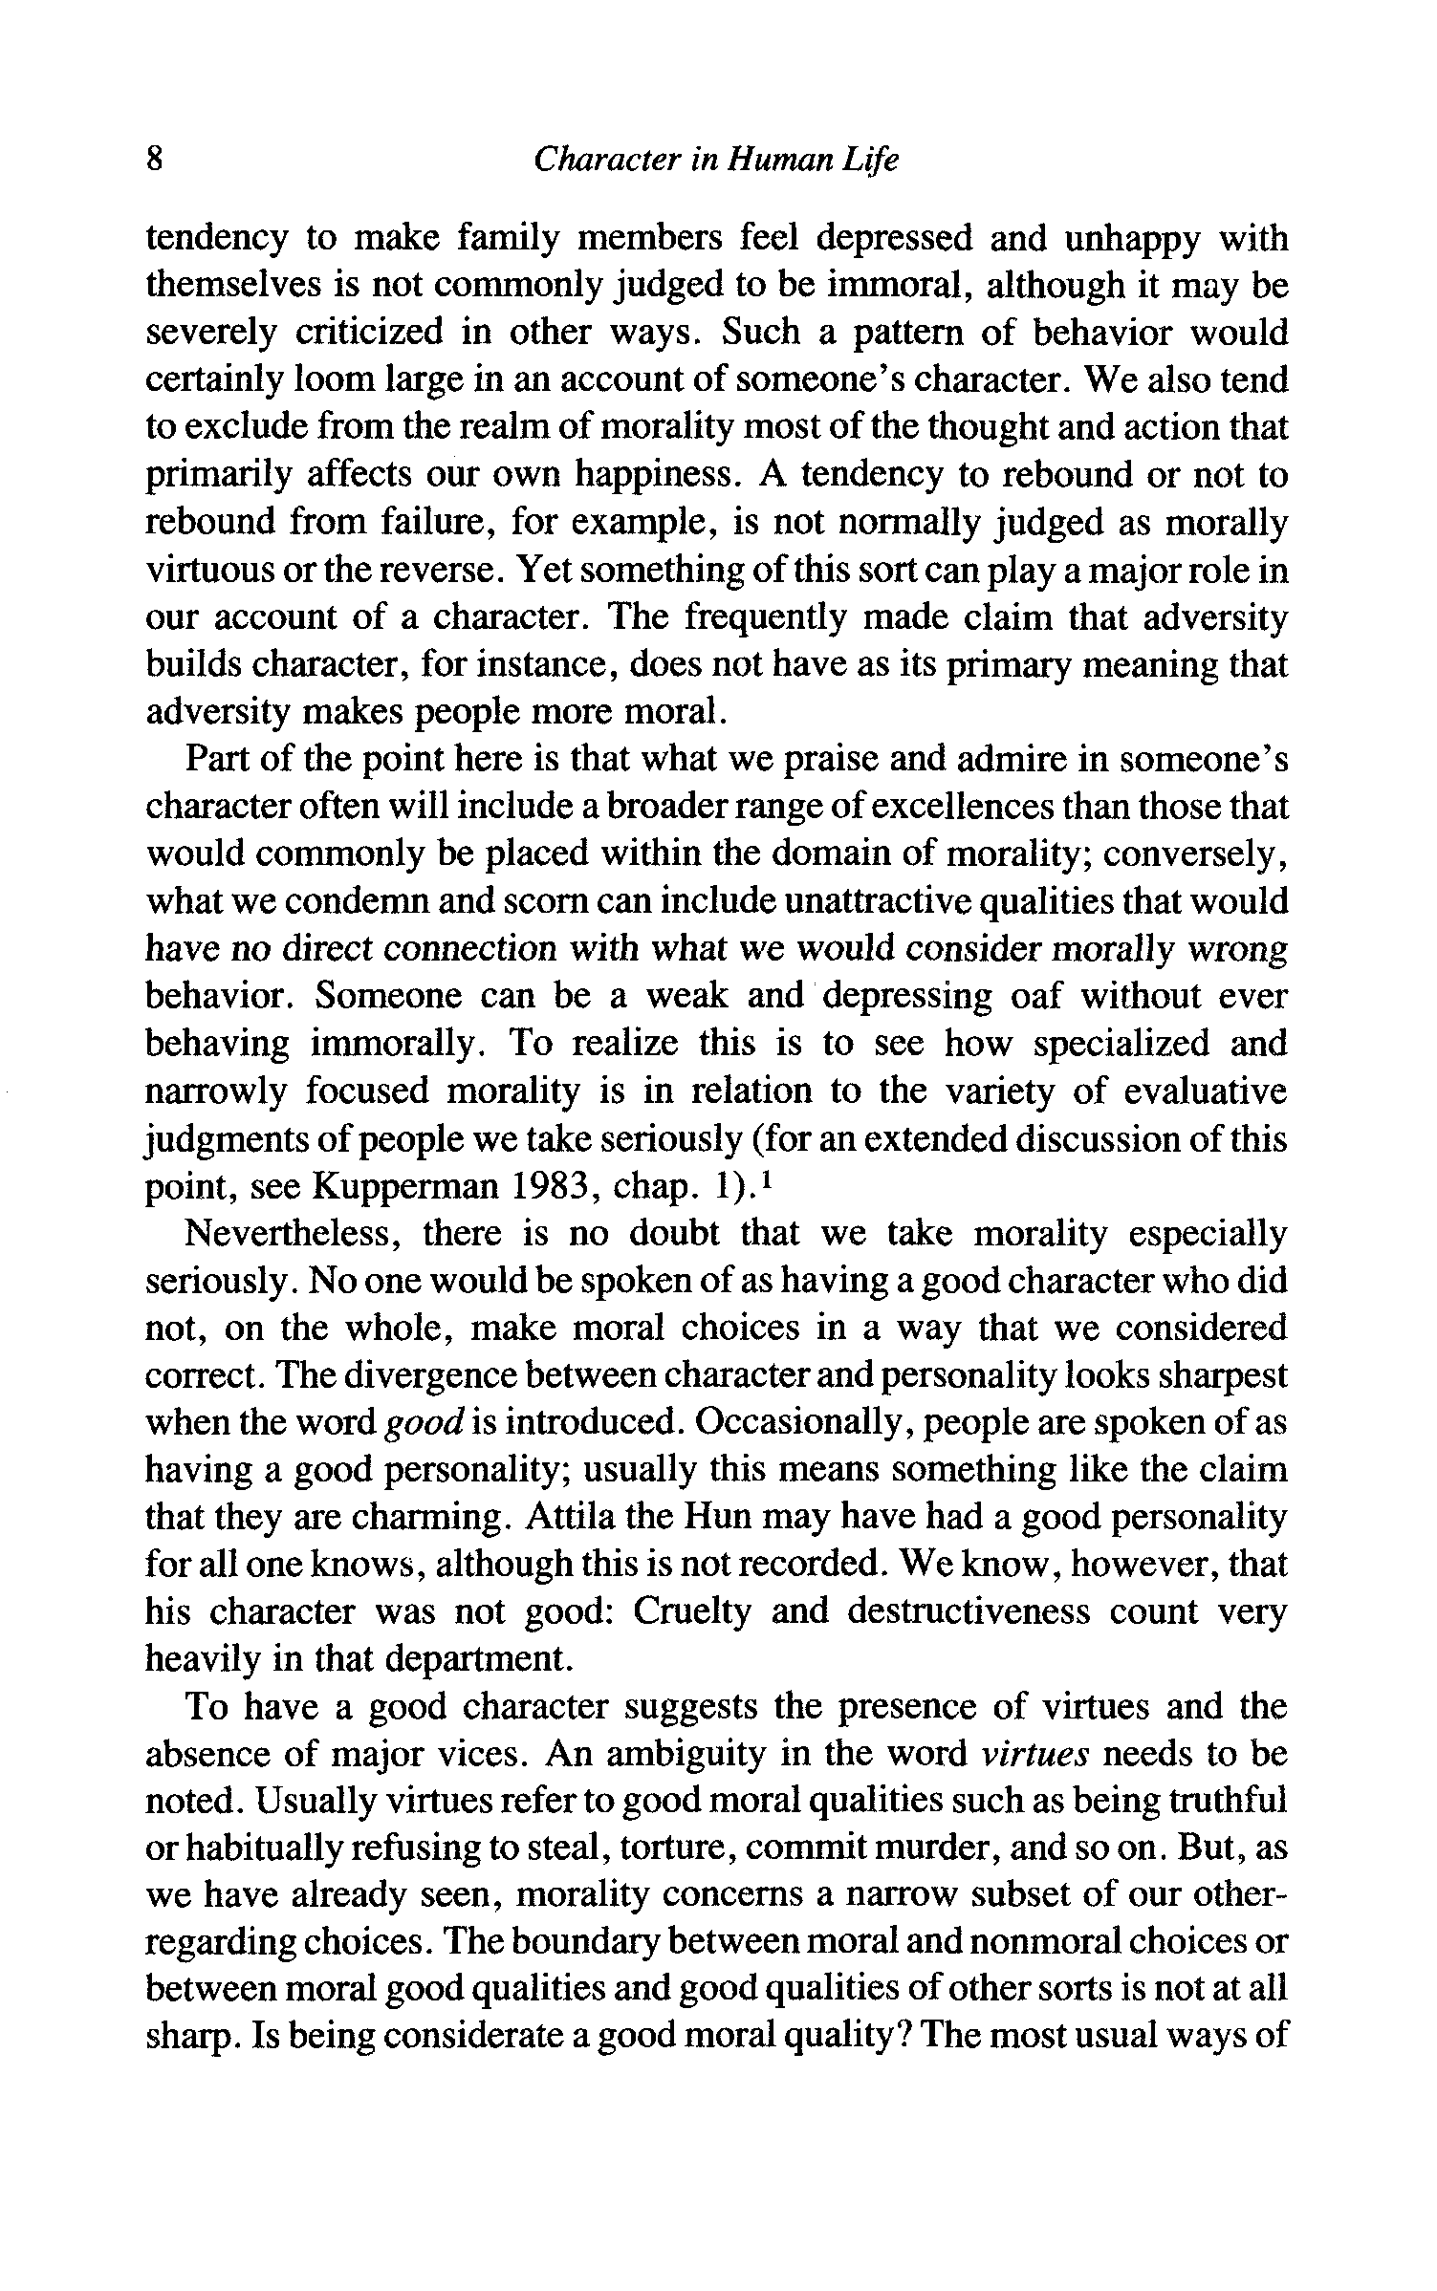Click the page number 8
click(156, 160)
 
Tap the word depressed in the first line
click(889, 238)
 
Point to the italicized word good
click(424, 1424)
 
